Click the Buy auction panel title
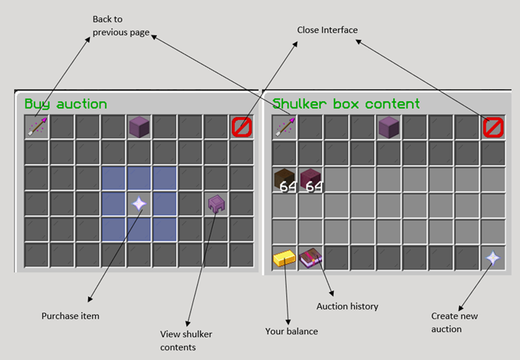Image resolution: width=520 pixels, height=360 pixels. (66, 104)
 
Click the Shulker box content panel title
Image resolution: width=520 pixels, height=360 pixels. (346, 104)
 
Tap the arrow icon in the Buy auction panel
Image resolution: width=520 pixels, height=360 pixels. (37, 127)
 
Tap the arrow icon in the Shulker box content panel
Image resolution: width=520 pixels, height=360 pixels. (285, 127)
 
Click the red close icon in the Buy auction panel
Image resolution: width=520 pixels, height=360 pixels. (242, 127)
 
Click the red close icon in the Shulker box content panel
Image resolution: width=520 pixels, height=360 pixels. (493, 127)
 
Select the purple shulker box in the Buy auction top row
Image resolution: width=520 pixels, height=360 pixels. (139, 127)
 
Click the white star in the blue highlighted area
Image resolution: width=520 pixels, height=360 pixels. (139, 204)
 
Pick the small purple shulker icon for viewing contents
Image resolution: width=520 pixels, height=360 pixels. (216, 204)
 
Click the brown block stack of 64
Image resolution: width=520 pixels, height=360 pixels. (285, 180)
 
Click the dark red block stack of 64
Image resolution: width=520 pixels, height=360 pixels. (311, 180)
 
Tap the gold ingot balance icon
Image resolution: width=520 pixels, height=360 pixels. (285, 258)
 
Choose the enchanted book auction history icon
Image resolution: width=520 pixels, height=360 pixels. (311, 258)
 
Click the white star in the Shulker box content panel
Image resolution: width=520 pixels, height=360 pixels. (493, 258)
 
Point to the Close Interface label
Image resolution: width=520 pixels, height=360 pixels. (327, 30)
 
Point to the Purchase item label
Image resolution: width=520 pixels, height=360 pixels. (70, 316)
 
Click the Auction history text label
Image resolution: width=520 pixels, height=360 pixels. (347, 306)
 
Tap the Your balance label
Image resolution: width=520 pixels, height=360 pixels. (291, 331)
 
